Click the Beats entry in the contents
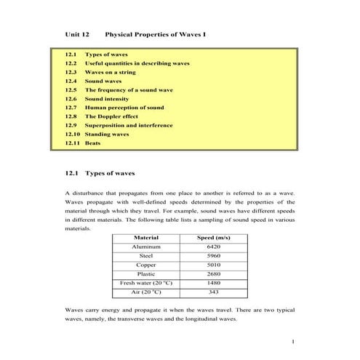tap(92, 143)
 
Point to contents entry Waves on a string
tap(111, 72)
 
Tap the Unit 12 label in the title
tap(77, 33)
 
